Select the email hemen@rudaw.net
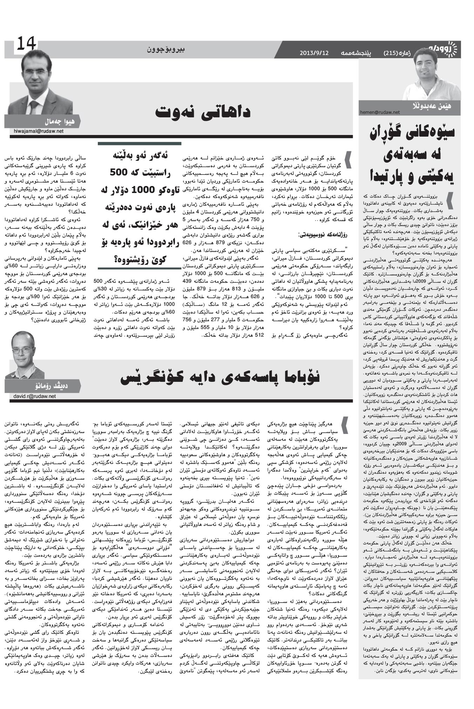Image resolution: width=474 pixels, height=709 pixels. (380, 112)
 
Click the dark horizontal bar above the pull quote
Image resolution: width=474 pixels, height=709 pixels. (139, 143)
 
